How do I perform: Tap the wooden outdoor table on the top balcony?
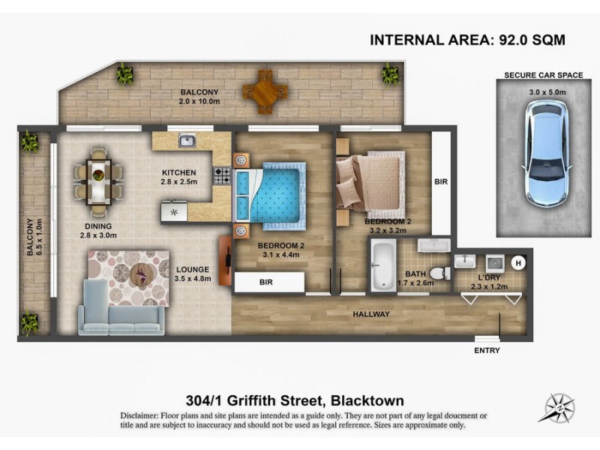(265, 91)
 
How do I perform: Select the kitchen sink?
(187, 140)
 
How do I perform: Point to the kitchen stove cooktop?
(223, 175)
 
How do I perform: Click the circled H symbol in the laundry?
(517, 262)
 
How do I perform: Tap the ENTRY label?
(487, 350)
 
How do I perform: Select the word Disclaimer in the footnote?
(143, 415)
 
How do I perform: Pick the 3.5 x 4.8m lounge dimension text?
(193, 279)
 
